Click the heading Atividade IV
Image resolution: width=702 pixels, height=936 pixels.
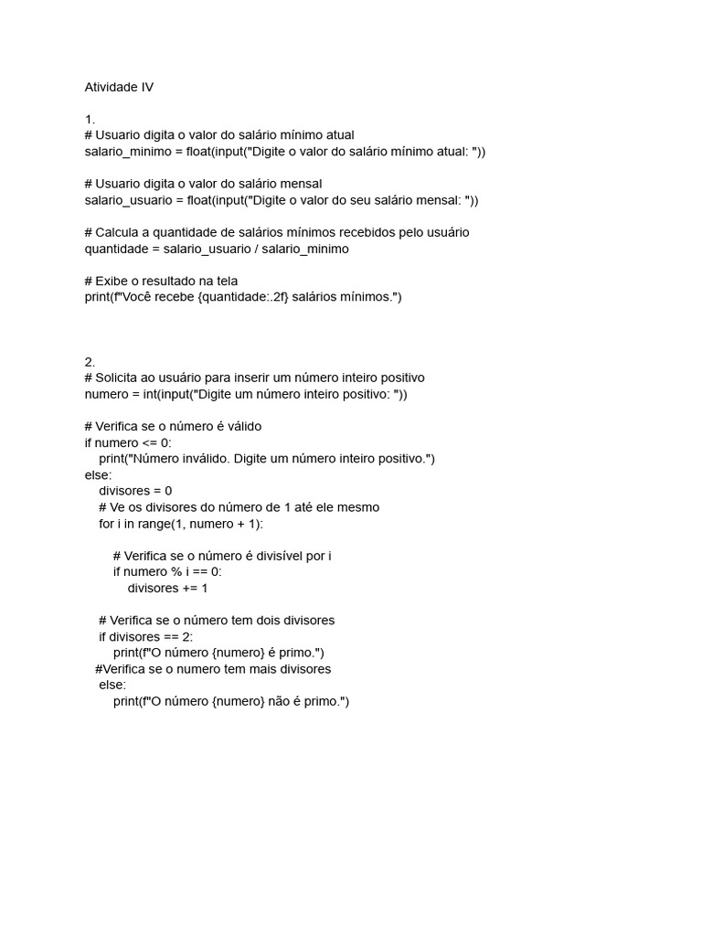(119, 87)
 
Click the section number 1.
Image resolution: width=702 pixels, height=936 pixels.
(90, 119)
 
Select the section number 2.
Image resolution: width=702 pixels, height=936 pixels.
(90, 361)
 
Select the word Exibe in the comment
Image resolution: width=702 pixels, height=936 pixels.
(115, 281)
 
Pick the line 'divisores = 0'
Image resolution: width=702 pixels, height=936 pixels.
(135, 491)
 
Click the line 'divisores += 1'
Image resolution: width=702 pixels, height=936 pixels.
(167, 588)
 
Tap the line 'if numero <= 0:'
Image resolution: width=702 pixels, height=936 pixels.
(128, 442)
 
